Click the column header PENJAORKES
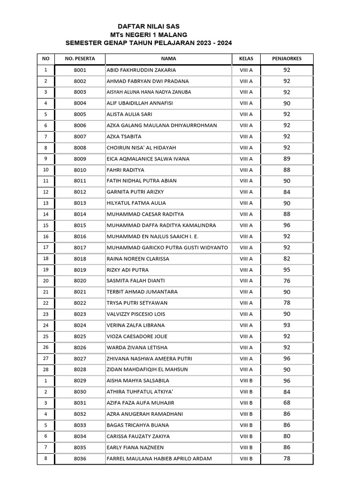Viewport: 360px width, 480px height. pyautogui.click(x=287, y=59)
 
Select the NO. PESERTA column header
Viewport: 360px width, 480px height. pyautogui.click(x=80, y=59)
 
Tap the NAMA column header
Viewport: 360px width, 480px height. pyautogui.click(x=168, y=59)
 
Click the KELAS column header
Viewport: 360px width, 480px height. pyautogui.click(x=246, y=59)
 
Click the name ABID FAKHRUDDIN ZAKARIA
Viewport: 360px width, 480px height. pyautogui.click(x=142, y=70)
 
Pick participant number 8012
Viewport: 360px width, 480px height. pyautogui.click(x=80, y=192)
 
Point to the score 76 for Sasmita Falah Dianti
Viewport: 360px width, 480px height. pyautogui.click(x=287, y=281)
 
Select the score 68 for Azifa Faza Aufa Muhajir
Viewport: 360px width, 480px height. pyautogui.click(x=287, y=403)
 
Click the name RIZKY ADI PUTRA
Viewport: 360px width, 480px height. pyautogui.click(x=127, y=270)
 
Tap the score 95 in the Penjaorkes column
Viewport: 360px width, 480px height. pyautogui.click(x=287, y=270)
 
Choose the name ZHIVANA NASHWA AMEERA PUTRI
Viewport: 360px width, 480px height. pyautogui.click(x=149, y=359)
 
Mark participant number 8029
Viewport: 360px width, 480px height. pyautogui.click(x=80, y=381)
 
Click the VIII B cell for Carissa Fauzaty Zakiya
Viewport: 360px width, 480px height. pyautogui.click(x=246, y=436)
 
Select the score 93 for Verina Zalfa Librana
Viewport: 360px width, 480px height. pyautogui.click(x=287, y=325)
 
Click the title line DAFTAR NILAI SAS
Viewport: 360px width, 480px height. pyautogui.click(x=148, y=27)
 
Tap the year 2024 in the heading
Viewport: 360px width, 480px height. pyautogui.click(x=223, y=43)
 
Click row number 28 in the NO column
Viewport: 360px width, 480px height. pyautogui.click(x=45, y=370)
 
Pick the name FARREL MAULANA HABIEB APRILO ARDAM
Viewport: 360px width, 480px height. pyautogui.click(x=159, y=458)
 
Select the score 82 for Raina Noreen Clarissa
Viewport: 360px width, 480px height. pyautogui.click(x=287, y=259)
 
